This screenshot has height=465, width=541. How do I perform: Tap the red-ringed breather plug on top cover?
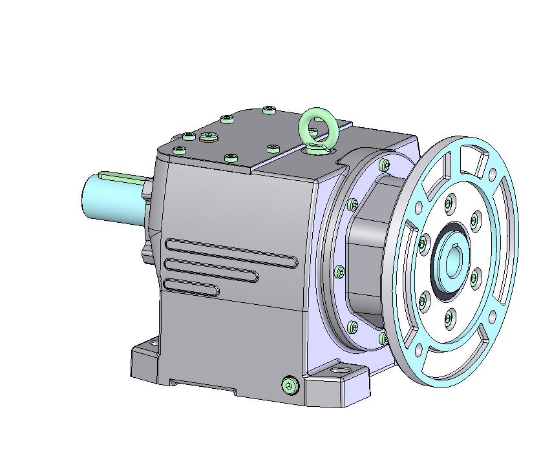[x=208, y=136]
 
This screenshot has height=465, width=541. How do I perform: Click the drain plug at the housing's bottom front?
[x=290, y=386]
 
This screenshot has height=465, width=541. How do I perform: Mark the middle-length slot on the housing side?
[x=211, y=270]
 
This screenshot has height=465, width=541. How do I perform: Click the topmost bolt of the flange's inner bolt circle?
[x=448, y=204]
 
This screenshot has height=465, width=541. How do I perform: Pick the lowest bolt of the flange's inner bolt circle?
[x=449, y=316]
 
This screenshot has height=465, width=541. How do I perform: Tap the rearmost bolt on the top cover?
[x=270, y=110]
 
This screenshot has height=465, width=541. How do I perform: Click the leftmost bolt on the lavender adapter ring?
[x=338, y=272]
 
